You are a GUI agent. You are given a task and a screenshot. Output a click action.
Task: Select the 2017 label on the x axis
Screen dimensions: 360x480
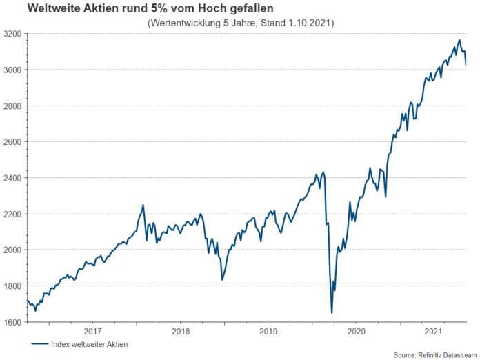coord(93,331)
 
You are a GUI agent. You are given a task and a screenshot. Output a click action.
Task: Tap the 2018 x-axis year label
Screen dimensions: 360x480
coord(181,331)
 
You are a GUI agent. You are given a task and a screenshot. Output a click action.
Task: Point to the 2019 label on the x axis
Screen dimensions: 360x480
coord(268,331)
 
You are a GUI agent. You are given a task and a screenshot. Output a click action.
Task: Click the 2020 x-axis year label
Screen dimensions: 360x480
coord(356,331)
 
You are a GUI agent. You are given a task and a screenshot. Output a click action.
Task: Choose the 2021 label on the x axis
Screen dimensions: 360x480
coord(432,331)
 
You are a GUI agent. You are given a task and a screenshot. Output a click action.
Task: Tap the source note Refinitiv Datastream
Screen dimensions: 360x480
coord(446,354)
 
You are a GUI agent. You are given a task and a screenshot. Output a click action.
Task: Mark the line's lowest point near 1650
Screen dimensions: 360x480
coord(332,313)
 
